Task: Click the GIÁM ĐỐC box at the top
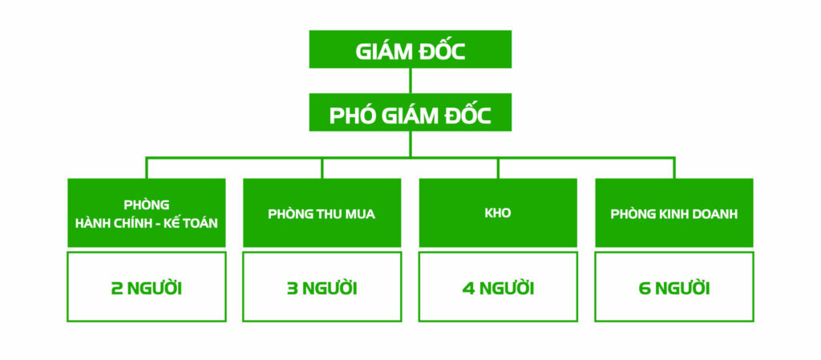(x=410, y=50)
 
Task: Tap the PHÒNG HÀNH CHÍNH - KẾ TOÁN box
(x=146, y=212)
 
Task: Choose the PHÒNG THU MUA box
(x=322, y=212)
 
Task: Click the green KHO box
(x=497, y=212)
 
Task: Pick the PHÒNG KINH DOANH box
(x=673, y=212)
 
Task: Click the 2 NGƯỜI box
(x=146, y=287)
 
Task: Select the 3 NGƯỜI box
(x=322, y=287)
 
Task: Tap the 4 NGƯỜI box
(x=497, y=287)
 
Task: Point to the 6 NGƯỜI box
(x=673, y=287)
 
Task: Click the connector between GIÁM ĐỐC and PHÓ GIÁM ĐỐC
(x=410, y=81)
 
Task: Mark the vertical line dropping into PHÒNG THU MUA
(x=322, y=168)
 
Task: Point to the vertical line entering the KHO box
(x=498, y=168)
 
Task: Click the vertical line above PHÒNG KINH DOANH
(x=673, y=168)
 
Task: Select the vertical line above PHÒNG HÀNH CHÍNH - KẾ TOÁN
(x=146, y=168)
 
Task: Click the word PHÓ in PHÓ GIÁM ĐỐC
(x=351, y=115)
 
